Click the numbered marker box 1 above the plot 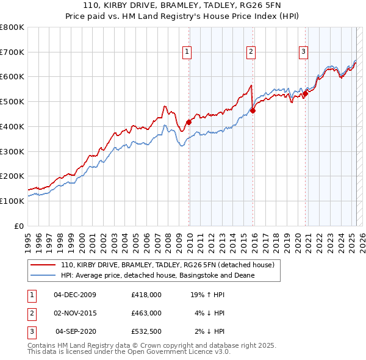click(187, 52)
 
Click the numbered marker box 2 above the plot click(251, 52)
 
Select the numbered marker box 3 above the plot click(303, 52)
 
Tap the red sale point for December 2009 click(188, 121)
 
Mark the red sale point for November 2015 click(253, 110)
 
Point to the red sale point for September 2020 click(306, 93)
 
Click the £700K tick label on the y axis click(12, 52)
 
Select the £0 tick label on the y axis click(19, 226)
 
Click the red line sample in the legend click(43, 265)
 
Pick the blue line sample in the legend click(43, 275)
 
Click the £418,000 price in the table click(146, 295)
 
